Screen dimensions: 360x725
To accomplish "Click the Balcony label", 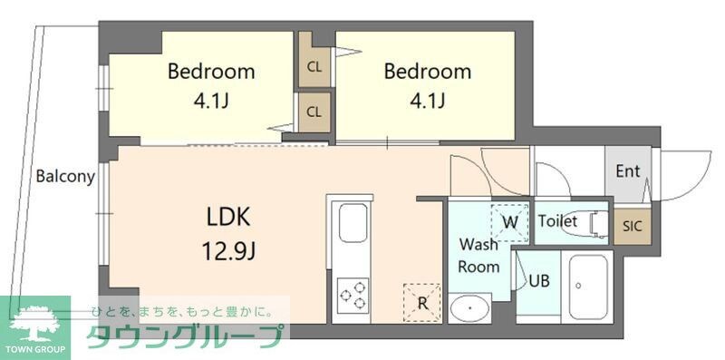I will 65,177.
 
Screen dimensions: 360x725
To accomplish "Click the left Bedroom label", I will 211,72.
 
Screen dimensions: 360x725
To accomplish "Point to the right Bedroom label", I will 427,72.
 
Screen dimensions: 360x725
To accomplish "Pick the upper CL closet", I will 314,66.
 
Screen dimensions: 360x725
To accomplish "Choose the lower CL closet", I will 314,112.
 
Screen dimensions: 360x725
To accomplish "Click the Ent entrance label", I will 627,171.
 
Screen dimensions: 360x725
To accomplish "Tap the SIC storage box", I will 632,227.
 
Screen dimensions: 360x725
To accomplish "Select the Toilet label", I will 557,221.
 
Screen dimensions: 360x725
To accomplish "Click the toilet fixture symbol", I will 597,223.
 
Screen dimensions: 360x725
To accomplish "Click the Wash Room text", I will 478,255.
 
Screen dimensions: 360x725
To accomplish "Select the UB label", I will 540,280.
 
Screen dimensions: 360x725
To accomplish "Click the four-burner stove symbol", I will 353,295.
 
